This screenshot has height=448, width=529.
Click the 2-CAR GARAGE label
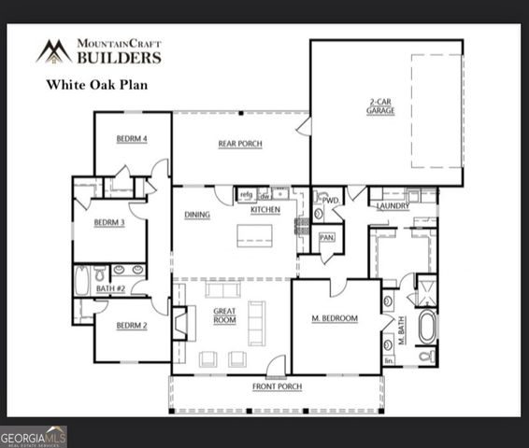[x=380, y=106]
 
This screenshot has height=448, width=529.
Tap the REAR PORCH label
[x=240, y=144]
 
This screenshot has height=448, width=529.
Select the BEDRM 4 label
[x=131, y=139]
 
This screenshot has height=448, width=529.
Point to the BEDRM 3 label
[x=109, y=223]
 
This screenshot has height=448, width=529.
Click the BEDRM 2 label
[x=132, y=327]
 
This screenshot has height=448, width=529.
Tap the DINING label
[x=197, y=215]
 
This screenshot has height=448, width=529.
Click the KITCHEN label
[x=265, y=210]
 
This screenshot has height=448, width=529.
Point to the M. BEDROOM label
[x=335, y=319]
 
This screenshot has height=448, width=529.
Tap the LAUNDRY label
[x=393, y=206]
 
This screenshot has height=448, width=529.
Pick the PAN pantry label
[x=327, y=237]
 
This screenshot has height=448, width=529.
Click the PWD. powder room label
[x=330, y=199]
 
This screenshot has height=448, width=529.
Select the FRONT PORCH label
[x=278, y=386]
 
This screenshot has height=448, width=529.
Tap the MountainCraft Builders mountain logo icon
[x=54, y=51]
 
